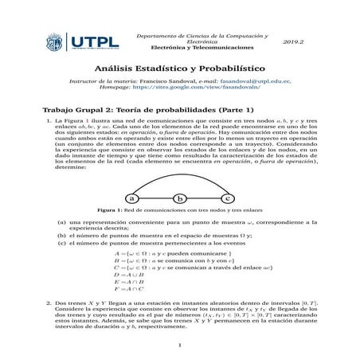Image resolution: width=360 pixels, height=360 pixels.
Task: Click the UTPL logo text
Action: point(94,40)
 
